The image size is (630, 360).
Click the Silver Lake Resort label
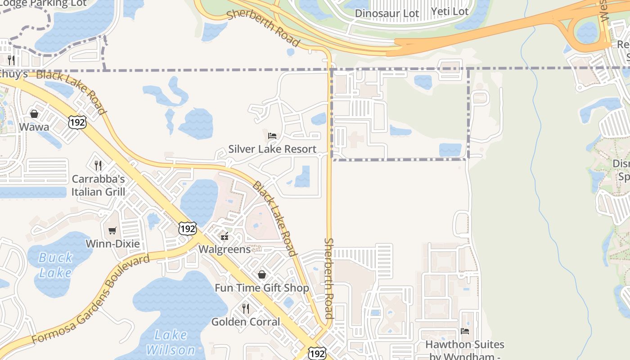click(272, 149)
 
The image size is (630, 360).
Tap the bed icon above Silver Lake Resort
click(272, 135)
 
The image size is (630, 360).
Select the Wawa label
click(34, 127)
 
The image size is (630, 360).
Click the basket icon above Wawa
click(34, 114)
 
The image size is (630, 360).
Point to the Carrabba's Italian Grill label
click(98, 185)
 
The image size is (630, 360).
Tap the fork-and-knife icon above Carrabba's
click(98, 166)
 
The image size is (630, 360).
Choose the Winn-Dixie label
click(113, 244)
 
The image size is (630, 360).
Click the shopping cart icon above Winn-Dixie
click(112, 231)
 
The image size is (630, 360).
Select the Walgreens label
click(225, 249)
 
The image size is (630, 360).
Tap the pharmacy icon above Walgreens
click(225, 236)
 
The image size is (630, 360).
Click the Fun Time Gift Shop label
click(262, 288)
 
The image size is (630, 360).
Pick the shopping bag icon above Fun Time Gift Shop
click(262, 274)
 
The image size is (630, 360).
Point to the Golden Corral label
click(246, 322)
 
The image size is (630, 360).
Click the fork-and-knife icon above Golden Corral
click(246, 309)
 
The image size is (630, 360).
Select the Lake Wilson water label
click(171, 342)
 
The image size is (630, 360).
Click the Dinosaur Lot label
click(387, 13)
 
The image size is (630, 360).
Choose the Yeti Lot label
click(450, 12)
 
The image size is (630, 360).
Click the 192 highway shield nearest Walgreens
click(187, 228)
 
